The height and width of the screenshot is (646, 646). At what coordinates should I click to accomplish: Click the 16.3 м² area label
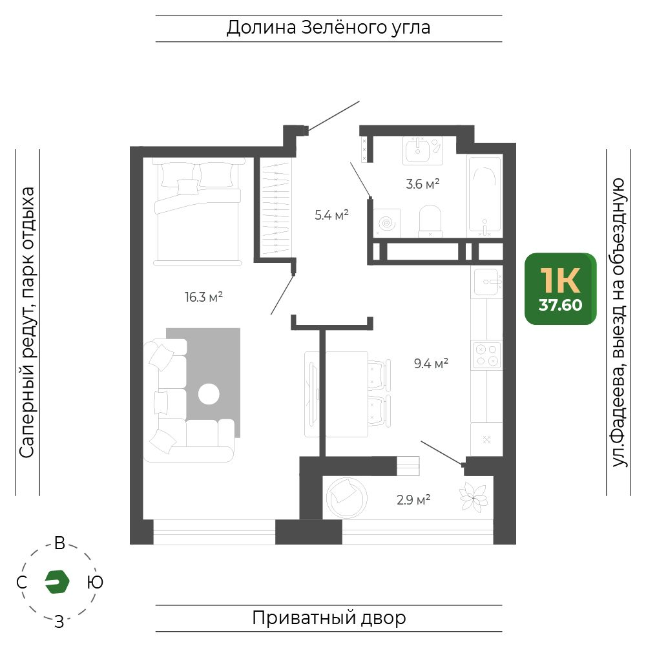pyautogui.click(x=203, y=297)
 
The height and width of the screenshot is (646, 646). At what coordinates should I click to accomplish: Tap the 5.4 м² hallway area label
pyautogui.click(x=331, y=214)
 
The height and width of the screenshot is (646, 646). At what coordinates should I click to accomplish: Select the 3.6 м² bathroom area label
pyautogui.click(x=422, y=183)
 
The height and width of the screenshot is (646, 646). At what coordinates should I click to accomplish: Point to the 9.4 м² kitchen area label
pyautogui.click(x=431, y=363)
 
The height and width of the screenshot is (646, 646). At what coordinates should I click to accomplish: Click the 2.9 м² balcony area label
pyautogui.click(x=413, y=500)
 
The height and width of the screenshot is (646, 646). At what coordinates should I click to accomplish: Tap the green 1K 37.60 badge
pyautogui.click(x=560, y=289)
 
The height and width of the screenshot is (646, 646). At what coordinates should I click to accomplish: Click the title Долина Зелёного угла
pyautogui.click(x=328, y=28)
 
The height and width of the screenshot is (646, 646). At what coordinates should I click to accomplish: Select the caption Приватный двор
pyautogui.click(x=329, y=618)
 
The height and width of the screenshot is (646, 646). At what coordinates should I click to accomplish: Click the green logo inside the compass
pyautogui.click(x=57, y=582)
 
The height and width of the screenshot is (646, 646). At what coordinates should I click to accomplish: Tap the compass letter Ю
pyautogui.click(x=95, y=582)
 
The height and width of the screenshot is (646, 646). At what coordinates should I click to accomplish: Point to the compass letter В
pyautogui.click(x=59, y=543)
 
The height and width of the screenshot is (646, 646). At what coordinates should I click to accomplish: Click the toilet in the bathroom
pyautogui.click(x=430, y=221)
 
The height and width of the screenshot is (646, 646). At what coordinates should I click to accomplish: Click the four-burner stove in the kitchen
pyautogui.click(x=486, y=355)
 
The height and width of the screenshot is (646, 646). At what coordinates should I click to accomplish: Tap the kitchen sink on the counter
pyautogui.click(x=488, y=282)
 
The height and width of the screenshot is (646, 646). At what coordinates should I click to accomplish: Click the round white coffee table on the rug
pyautogui.click(x=209, y=394)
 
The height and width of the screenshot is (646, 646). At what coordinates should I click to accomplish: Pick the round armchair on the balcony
pyautogui.click(x=346, y=497)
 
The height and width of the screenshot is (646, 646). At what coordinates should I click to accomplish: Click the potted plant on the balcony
pyautogui.click(x=474, y=497)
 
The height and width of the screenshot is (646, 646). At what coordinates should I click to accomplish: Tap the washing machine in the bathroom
pyautogui.click(x=387, y=222)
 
